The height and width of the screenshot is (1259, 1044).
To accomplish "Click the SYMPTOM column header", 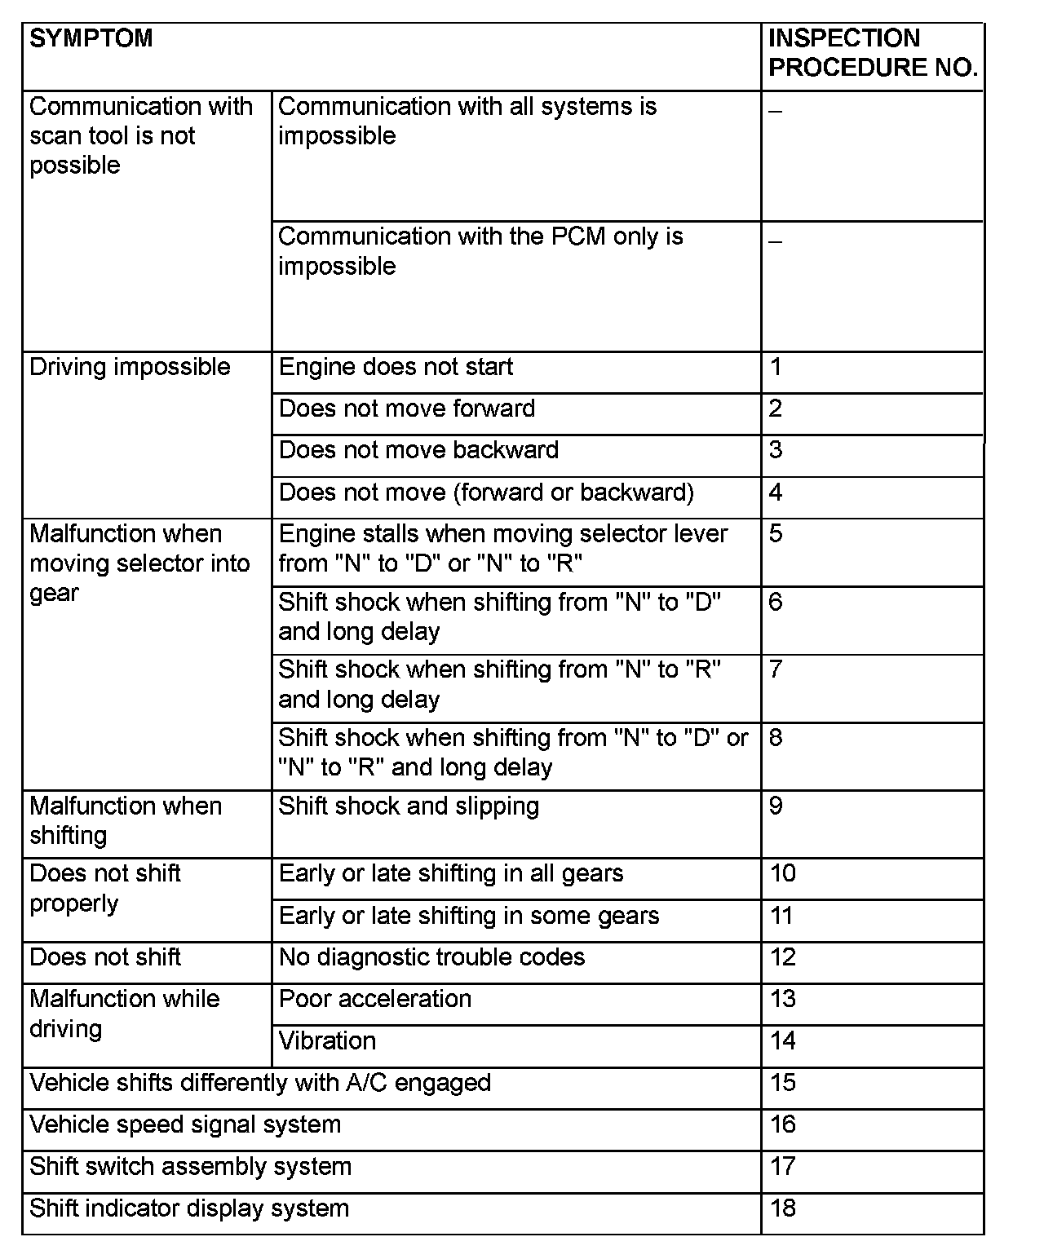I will coord(91,38).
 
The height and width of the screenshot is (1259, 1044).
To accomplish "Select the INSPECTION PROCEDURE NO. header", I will coord(872,53).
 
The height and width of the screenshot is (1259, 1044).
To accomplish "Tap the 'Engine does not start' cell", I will coord(396,367).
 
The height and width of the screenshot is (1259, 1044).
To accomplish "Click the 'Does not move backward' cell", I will coord(418,450).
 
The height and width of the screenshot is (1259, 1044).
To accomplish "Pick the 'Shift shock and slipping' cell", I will coord(409,806).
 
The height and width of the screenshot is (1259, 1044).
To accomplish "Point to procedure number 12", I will coord(782,957).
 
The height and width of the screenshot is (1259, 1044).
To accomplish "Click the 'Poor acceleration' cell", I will coord(374,1000).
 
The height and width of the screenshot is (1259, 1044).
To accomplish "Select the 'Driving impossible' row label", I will coord(130,367).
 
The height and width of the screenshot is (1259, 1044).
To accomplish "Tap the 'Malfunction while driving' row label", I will coord(125,1014).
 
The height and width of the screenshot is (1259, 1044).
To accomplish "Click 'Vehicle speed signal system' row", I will coord(185,1125).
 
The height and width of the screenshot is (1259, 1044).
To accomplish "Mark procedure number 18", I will coord(782,1208).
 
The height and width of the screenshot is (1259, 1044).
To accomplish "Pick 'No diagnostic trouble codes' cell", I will coord(431,957).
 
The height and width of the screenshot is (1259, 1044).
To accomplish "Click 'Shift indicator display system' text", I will coord(189,1208).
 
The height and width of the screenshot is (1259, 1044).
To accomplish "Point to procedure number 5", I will coord(776,534).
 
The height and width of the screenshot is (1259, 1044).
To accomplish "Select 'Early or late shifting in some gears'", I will coord(468,916).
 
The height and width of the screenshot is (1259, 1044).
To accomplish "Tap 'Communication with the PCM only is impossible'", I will coord(480,251).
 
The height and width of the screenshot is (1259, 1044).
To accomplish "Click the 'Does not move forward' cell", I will coord(406,409).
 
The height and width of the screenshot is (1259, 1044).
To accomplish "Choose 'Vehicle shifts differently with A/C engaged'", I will coord(260,1083).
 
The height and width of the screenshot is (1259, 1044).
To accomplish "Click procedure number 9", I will coord(776,806).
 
